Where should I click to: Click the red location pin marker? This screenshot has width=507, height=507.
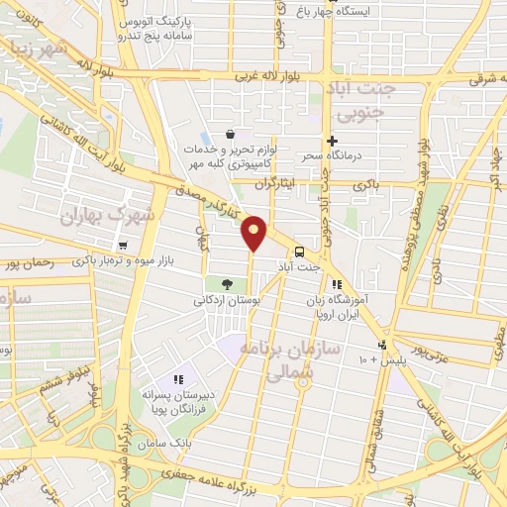(255, 233)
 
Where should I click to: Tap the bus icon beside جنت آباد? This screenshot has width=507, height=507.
(299, 251)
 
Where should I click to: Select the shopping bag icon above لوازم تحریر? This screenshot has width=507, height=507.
(231, 134)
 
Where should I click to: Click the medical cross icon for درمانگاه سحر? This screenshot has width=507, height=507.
(333, 142)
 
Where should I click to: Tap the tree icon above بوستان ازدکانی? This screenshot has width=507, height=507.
(227, 284)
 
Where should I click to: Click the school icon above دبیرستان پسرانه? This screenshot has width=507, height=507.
(178, 379)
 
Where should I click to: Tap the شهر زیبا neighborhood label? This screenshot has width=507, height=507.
(37, 51)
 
